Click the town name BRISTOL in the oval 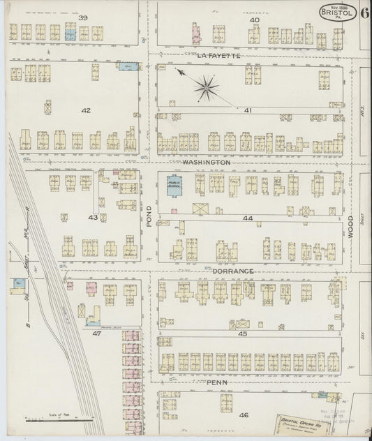click(338, 13)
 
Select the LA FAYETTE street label click(218, 54)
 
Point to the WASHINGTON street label click(206, 162)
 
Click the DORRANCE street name click(230, 270)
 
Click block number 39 click(83, 17)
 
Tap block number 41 click(248, 110)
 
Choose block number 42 click(86, 110)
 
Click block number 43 click(92, 218)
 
